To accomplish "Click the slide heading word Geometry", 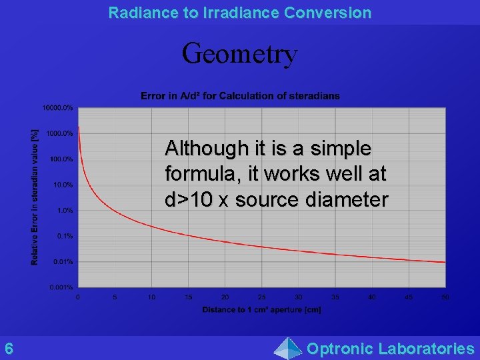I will [x=239, y=53].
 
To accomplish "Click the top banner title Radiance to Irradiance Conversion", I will [x=239, y=12].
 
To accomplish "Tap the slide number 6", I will [x=9, y=348].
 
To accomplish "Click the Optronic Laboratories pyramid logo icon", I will [x=288, y=348].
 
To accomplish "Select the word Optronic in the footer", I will [x=339, y=348].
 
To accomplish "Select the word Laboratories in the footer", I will [x=426, y=348].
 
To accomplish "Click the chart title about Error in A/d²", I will [x=240, y=96].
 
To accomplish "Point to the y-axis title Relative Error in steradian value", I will [x=35, y=197].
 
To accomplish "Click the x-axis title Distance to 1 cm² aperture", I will [x=261, y=309].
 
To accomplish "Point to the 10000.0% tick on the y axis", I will [x=59, y=107].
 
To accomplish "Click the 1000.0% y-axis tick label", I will [x=60, y=133].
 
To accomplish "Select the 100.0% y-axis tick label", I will [x=61, y=159].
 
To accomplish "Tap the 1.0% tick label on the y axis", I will [x=65, y=210].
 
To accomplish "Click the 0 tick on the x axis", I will [x=78, y=297].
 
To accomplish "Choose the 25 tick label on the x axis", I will [x=261, y=297].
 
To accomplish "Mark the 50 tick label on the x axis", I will [x=445, y=297].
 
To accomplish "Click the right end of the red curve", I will [x=444, y=262].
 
